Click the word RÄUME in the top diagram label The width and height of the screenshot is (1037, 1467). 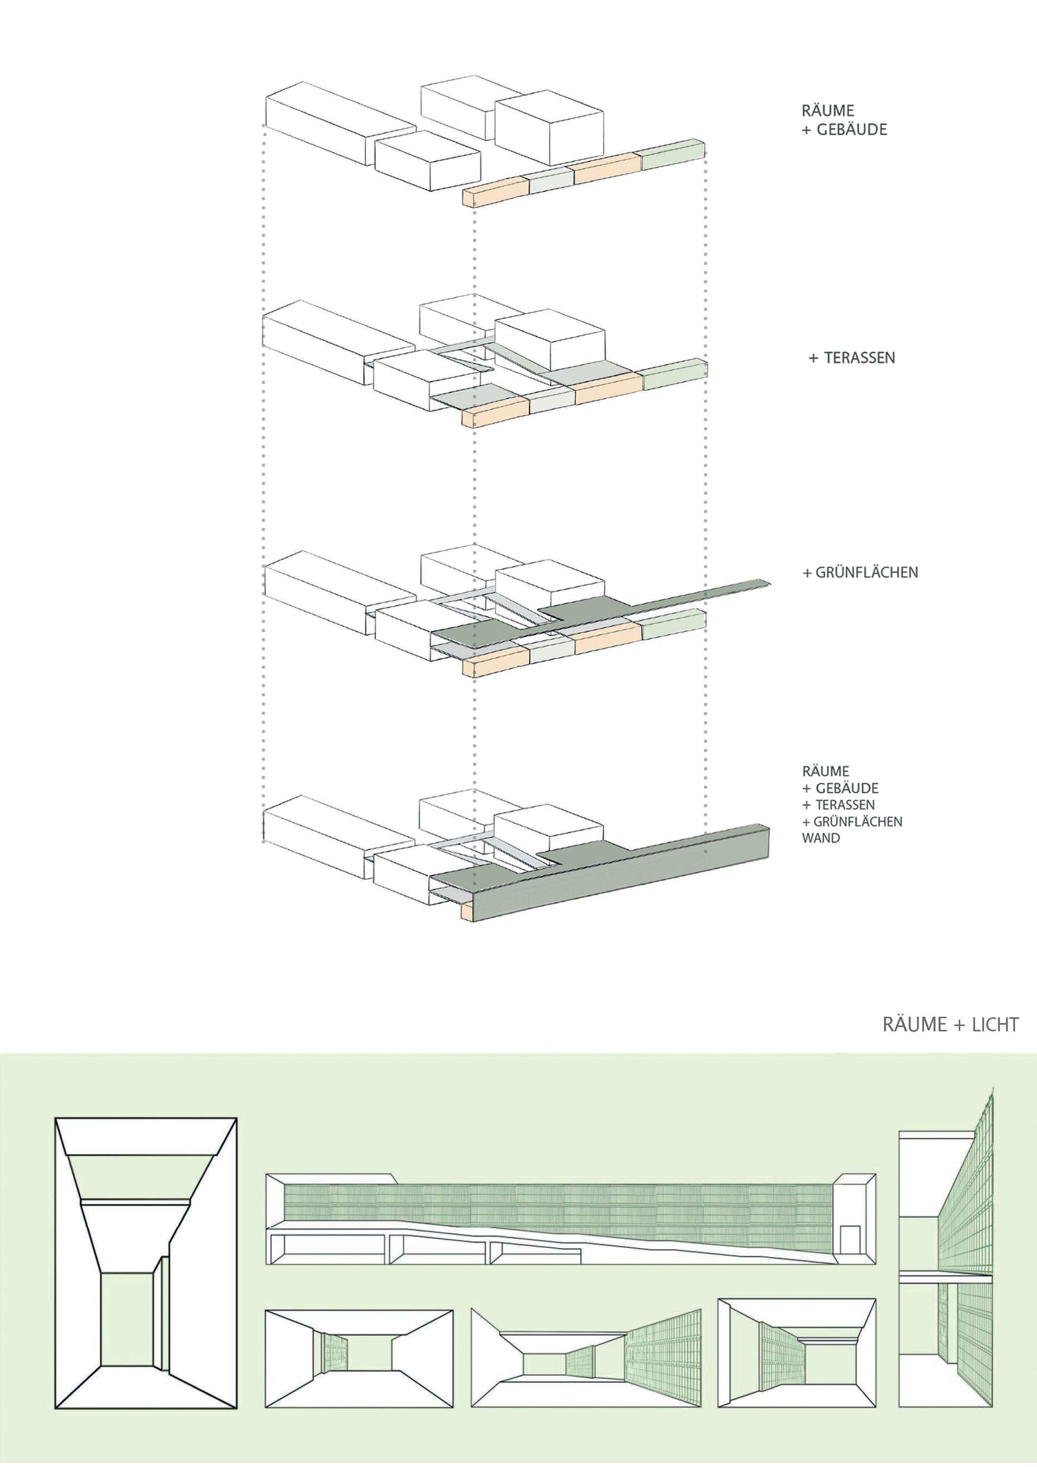828,110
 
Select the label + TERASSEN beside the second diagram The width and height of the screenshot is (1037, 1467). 852,358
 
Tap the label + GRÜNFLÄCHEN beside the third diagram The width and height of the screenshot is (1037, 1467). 860,572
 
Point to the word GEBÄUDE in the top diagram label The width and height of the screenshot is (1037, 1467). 852,130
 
